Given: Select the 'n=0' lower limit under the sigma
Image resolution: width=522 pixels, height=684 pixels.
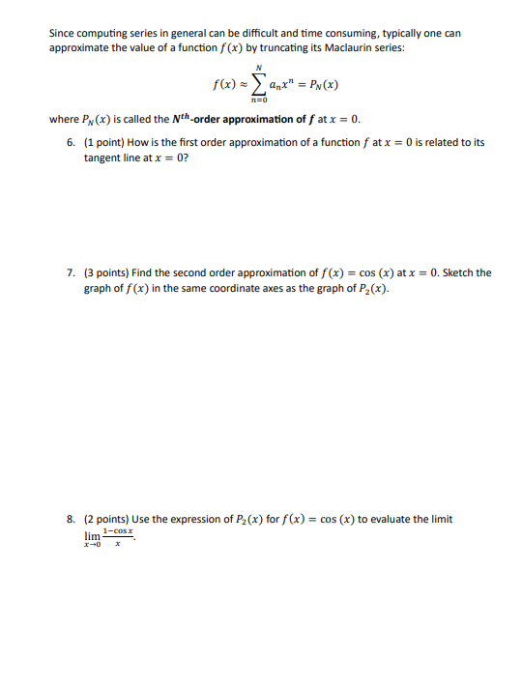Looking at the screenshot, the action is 258,99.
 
